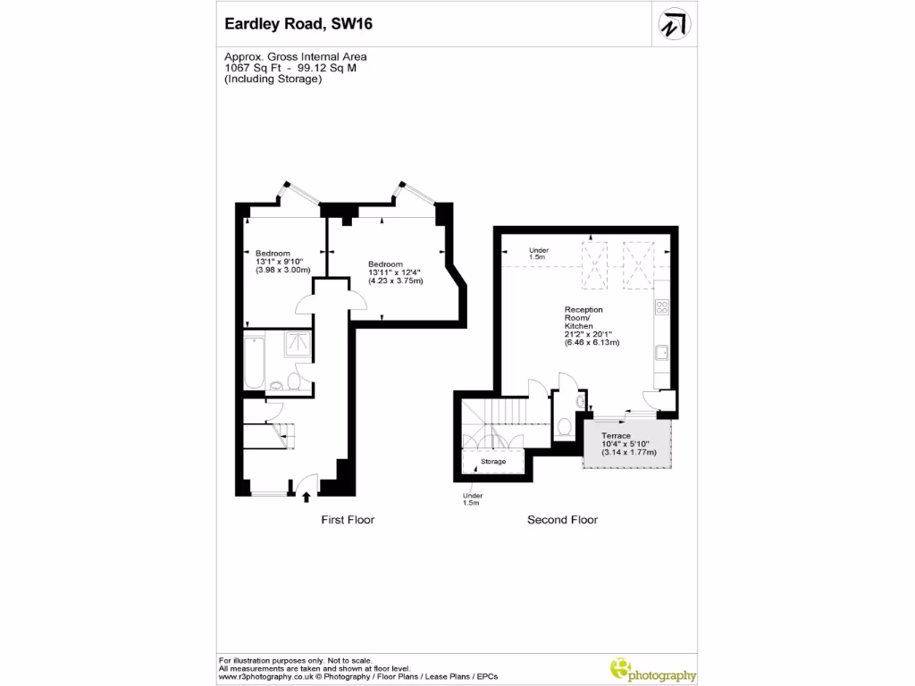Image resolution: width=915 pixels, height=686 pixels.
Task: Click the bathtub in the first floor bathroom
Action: point(255,362)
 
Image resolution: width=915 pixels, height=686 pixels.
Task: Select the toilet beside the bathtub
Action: point(278,385)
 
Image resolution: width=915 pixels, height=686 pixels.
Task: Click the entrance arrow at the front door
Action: point(306,498)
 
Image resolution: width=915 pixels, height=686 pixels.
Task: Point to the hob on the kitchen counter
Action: point(663,308)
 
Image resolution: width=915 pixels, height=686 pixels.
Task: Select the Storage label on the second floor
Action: point(493,462)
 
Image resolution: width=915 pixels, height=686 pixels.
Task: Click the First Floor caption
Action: point(348,520)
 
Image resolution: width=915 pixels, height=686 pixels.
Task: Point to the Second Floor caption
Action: point(562,520)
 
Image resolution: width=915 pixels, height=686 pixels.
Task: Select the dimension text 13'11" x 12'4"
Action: point(396,272)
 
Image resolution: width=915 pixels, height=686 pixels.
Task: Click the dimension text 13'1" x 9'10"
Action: point(281,261)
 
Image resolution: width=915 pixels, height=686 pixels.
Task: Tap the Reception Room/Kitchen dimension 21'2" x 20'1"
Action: point(592,334)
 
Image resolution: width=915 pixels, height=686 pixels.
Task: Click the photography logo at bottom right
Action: point(653,669)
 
